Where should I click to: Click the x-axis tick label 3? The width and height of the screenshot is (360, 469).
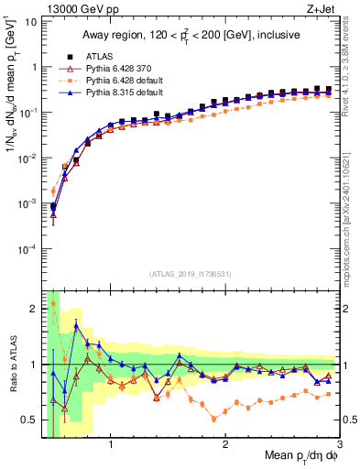point(339,447)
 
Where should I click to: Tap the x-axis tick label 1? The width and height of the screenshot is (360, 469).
point(111,447)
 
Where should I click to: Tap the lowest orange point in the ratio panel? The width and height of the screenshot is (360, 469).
point(214,419)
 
